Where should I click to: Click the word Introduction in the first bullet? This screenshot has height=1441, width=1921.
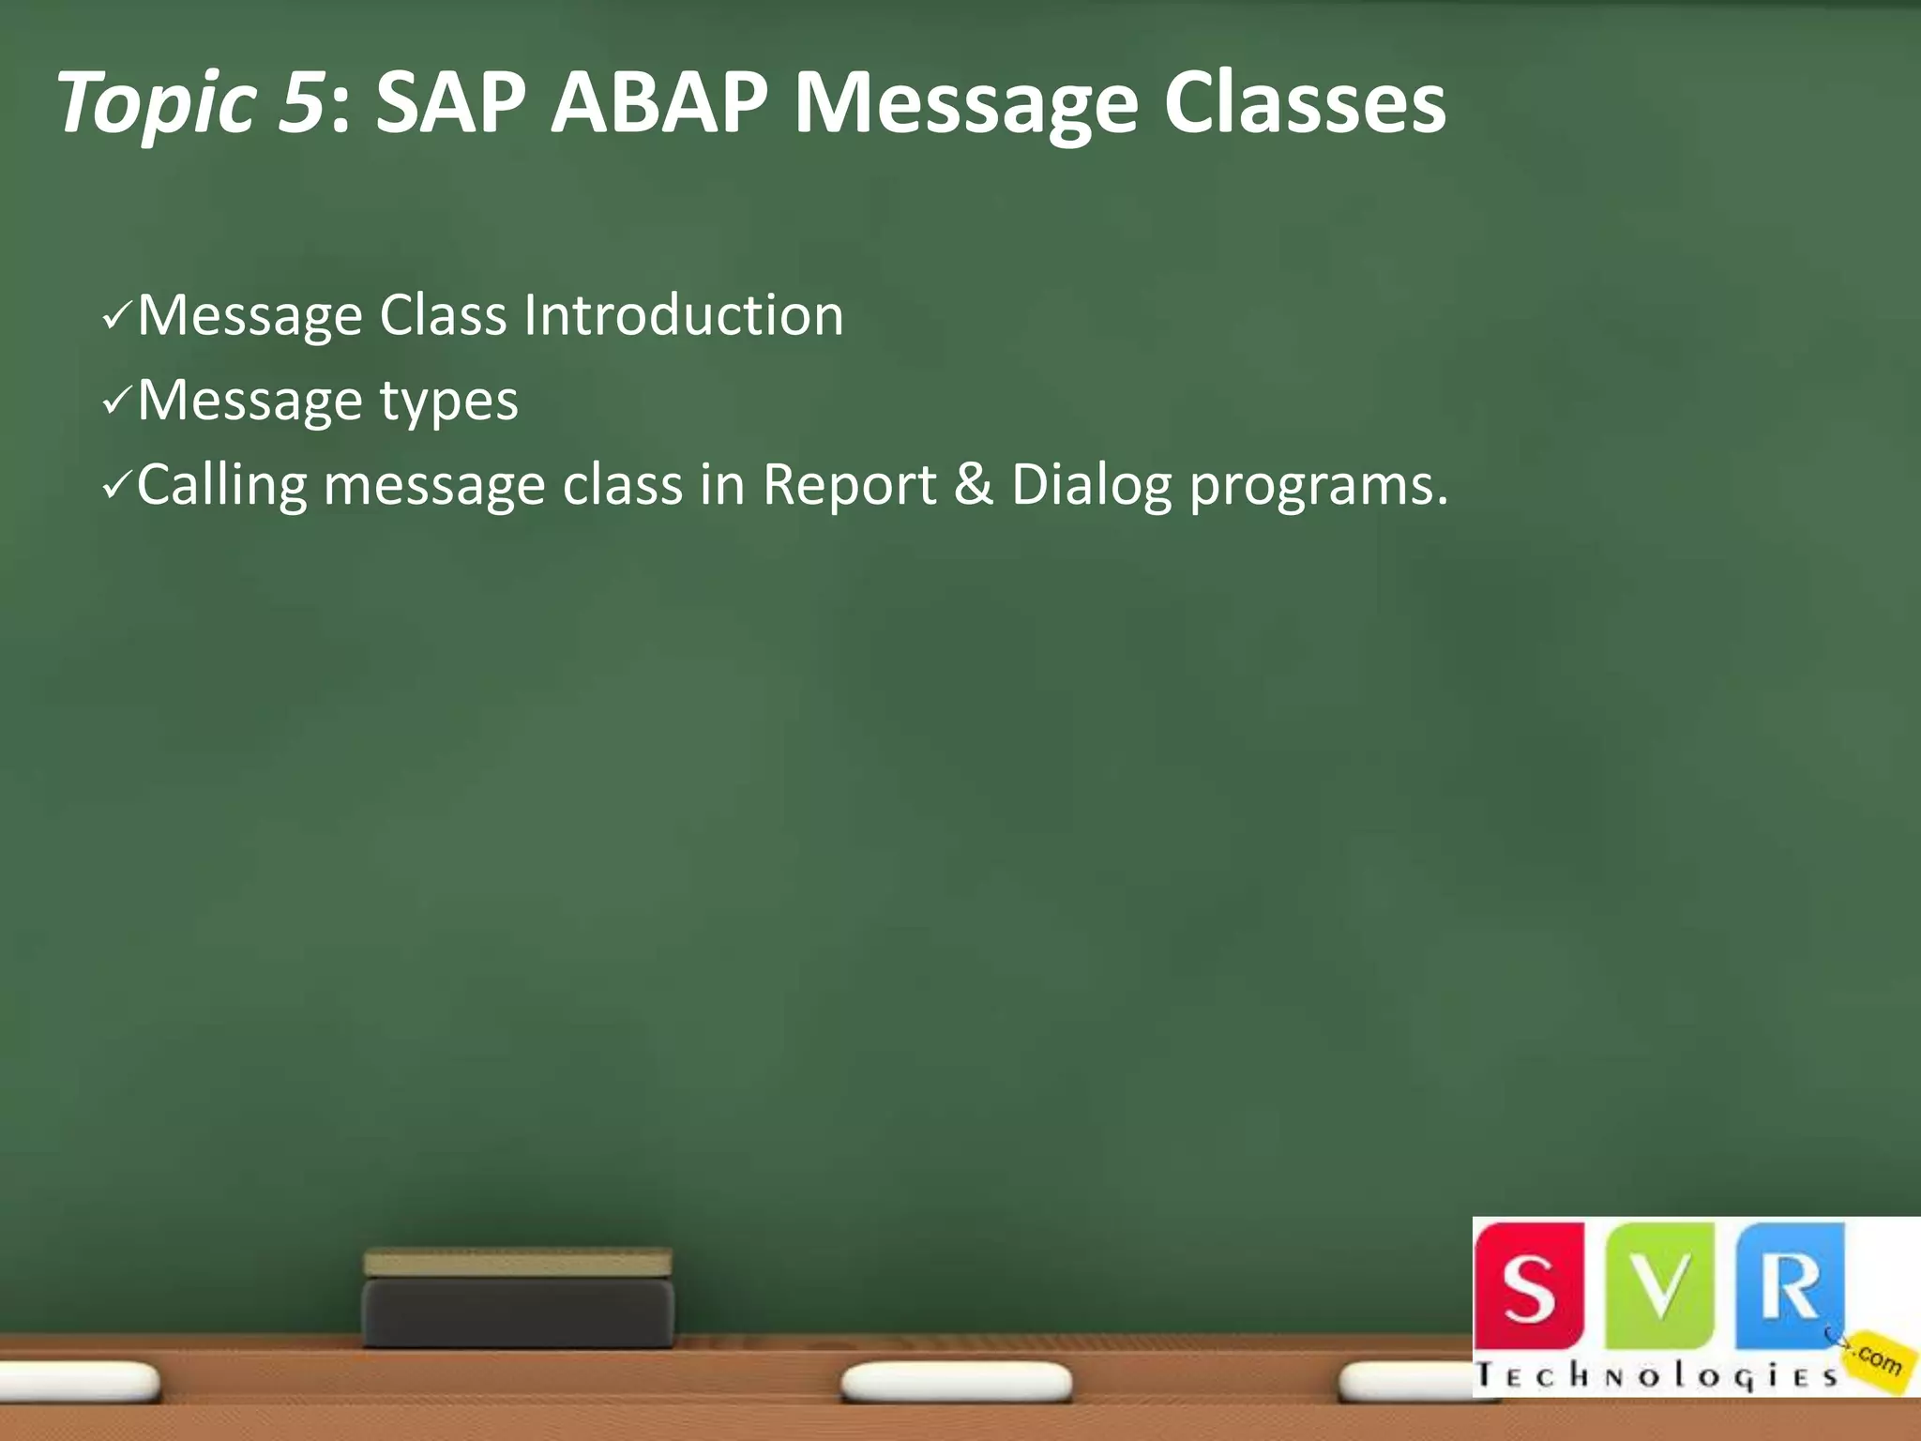tap(683, 315)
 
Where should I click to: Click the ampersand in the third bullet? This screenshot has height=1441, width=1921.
tap(973, 485)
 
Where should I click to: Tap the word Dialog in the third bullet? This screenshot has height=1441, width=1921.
tap(1091, 486)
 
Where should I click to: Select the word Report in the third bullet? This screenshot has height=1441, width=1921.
tap(849, 485)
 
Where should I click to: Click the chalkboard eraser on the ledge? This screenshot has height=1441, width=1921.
tap(518, 1299)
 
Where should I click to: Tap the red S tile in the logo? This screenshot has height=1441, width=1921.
tap(1529, 1285)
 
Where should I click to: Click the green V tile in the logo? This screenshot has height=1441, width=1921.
tap(1658, 1285)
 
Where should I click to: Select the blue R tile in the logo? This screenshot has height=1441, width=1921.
tap(1788, 1285)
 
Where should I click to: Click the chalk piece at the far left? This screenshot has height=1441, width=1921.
tap(80, 1381)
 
